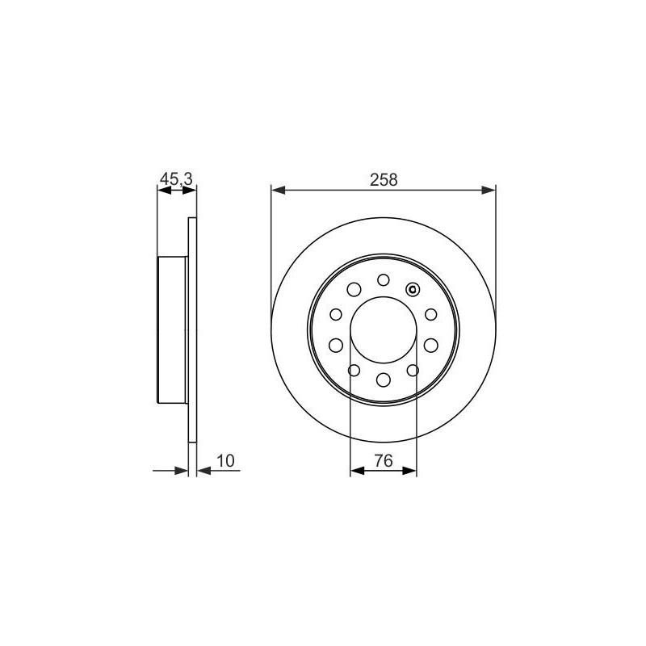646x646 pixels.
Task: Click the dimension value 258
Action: pos(383,179)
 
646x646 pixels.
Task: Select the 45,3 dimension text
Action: pos(176,179)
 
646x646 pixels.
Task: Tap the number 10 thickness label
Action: pos(225,460)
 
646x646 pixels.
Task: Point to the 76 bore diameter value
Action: pos(383,460)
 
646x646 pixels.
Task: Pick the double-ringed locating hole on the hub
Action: pos(412,290)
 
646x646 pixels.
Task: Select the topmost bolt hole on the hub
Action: pos(383,280)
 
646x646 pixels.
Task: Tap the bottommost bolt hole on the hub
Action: pos(383,380)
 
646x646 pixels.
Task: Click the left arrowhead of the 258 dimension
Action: pos(278,190)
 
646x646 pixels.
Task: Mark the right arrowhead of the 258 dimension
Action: pos(489,190)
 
